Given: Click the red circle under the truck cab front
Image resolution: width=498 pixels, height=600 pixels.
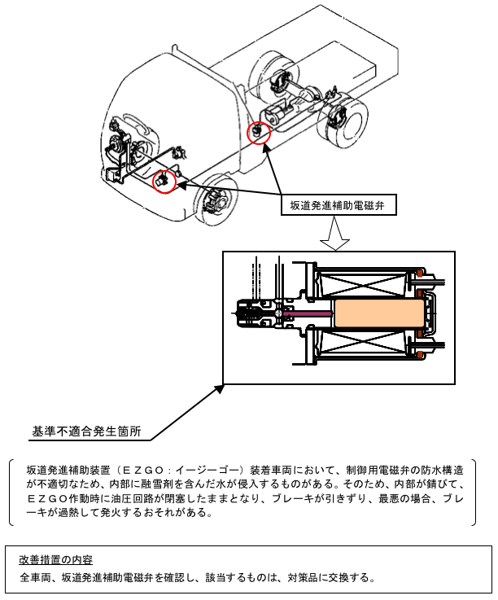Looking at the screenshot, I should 165,182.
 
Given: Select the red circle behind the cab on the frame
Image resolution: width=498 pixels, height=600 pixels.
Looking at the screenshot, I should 258,131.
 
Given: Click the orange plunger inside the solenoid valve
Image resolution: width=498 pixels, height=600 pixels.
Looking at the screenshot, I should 381,313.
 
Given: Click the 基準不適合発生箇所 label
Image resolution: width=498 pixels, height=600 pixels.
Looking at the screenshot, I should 86,432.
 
